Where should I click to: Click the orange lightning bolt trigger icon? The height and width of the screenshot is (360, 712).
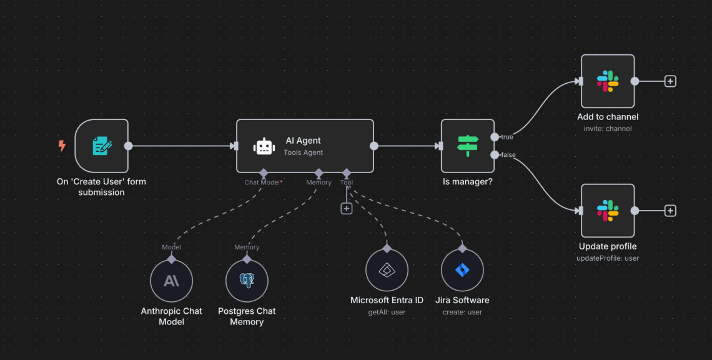point(62,146)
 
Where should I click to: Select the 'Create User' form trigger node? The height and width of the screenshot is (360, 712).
point(102,146)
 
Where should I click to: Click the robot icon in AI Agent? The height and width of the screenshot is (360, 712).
point(264,146)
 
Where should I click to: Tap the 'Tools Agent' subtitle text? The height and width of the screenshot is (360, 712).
point(303,152)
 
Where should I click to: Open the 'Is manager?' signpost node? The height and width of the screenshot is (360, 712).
point(467,146)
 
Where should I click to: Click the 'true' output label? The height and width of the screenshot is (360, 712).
point(507,136)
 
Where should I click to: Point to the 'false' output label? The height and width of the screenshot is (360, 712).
point(508,155)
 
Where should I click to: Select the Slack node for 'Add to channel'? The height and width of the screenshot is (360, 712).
point(607,81)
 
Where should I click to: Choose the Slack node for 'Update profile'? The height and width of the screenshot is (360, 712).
point(607,211)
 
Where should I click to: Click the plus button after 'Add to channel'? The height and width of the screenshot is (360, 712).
point(670,81)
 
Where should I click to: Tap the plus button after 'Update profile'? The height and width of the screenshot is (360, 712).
point(670,211)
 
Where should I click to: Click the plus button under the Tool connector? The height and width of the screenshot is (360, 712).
point(347,208)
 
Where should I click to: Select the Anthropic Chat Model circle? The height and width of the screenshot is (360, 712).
point(171,281)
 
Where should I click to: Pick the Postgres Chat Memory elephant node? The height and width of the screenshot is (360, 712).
point(247,281)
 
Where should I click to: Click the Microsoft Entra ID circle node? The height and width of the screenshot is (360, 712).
point(387,271)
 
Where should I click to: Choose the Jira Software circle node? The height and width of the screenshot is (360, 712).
point(462,271)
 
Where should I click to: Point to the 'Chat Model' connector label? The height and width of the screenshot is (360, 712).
point(262,182)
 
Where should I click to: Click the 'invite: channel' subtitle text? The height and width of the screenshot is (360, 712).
point(608,129)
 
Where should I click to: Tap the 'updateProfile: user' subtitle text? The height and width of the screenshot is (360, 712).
point(608,258)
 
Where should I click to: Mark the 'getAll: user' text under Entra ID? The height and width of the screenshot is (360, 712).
point(387,312)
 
